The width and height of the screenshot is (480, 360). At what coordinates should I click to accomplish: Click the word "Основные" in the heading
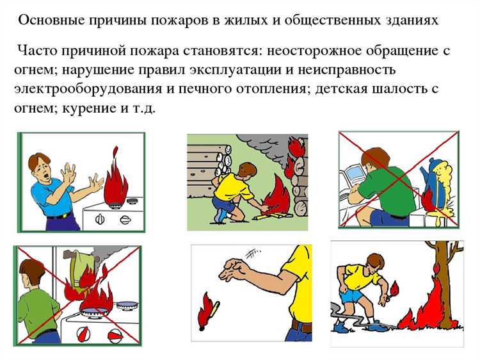tap(45, 20)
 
